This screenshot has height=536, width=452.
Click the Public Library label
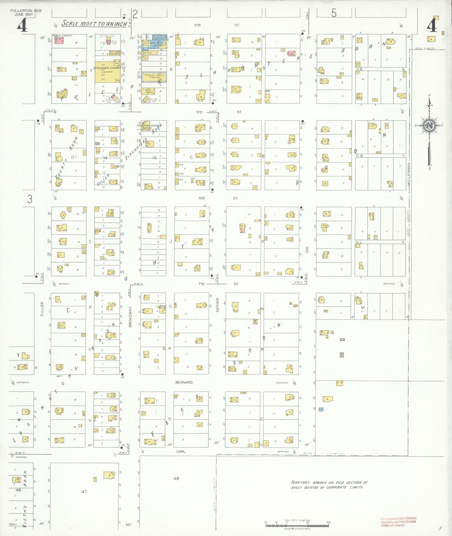[x=62, y=36]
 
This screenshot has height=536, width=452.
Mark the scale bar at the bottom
[x=297, y=523]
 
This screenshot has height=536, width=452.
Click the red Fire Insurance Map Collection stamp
[x=398, y=521]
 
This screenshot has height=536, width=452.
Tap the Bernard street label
[x=184, y=382]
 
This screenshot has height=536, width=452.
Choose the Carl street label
[x=181, y=452]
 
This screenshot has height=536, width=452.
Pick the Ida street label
[x=307, y=250]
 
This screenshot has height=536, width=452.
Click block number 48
[x=176, y=478]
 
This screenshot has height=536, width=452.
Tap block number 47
[x=84, y=491]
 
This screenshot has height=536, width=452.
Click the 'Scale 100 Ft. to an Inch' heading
[x=94, y=23]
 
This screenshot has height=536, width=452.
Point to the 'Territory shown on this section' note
[x=329, y=485]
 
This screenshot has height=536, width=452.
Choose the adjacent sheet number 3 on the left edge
[x=30, y=199]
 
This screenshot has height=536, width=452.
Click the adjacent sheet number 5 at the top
[x=333, y=13]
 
